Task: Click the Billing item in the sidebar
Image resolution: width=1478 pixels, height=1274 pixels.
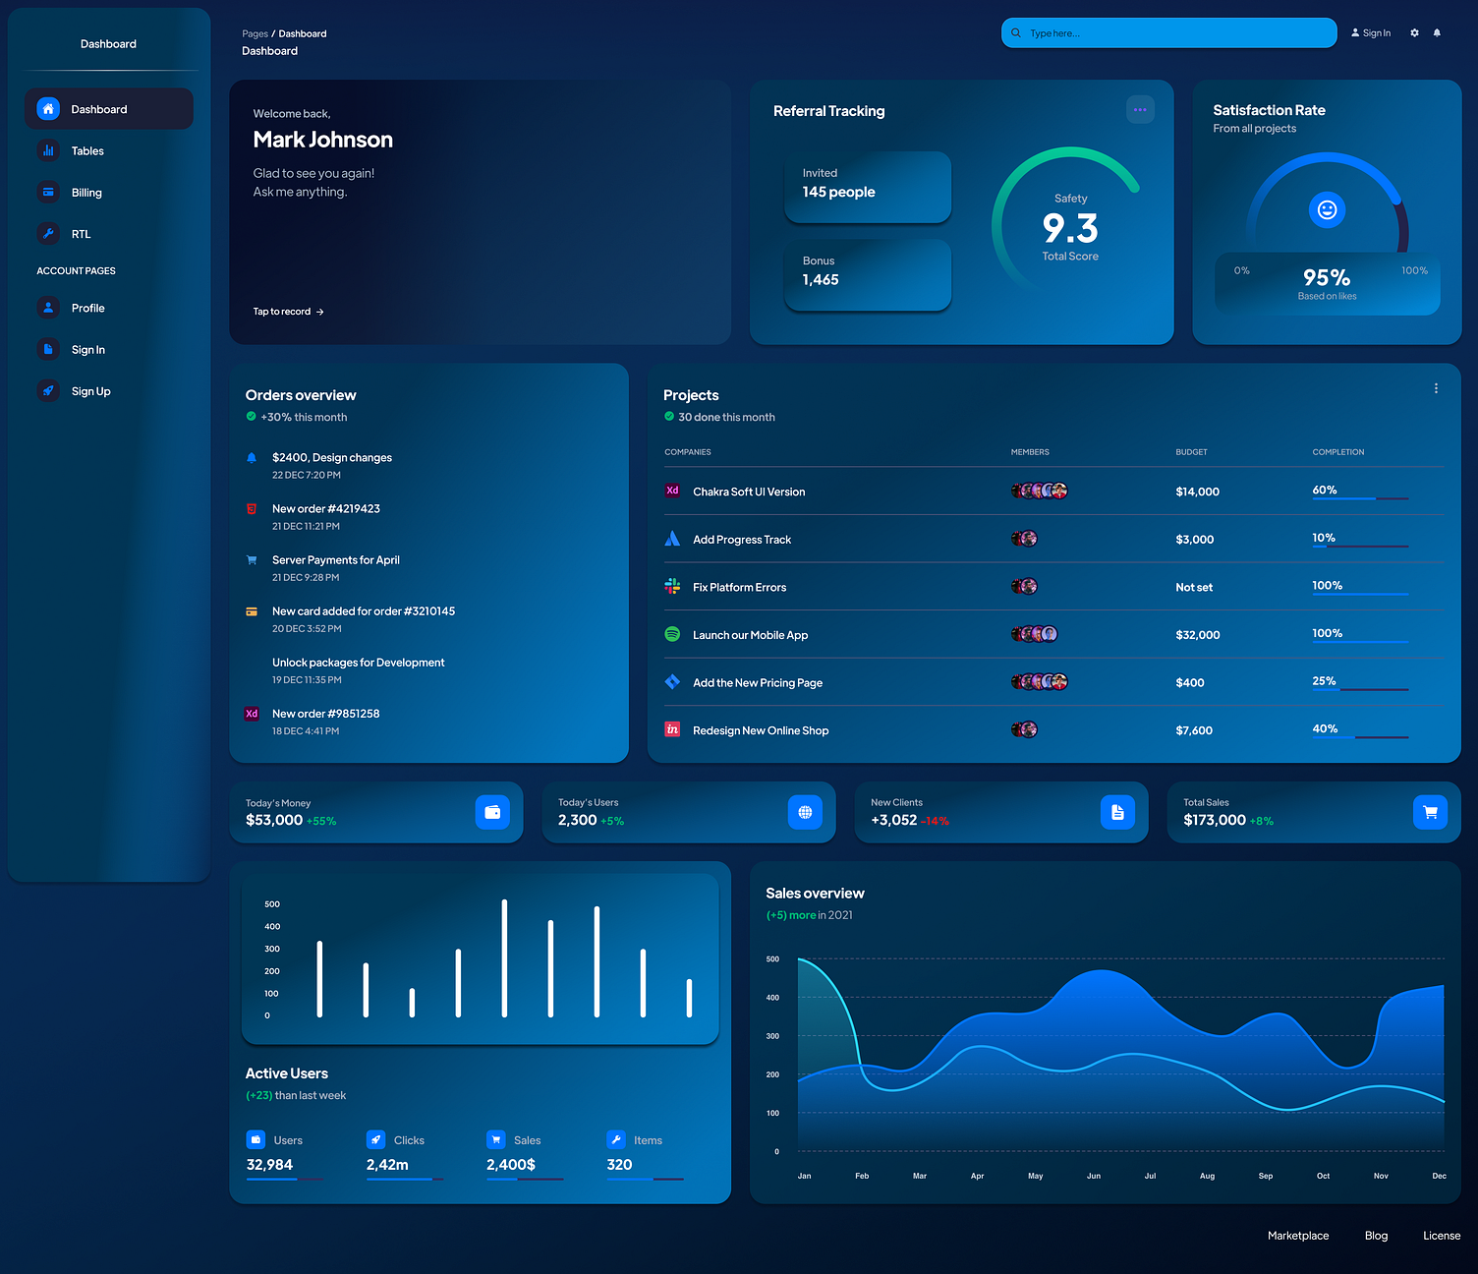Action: coord(86,193)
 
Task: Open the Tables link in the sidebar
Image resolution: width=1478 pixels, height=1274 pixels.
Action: coord(87,151)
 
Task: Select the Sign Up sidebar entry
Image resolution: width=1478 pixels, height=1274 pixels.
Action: coord(90,391)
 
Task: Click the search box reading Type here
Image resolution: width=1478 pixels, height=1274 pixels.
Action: coord(1168,33)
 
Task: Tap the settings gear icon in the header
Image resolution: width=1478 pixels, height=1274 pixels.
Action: coord(1414,33)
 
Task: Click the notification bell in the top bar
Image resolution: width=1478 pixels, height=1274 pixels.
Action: coord(1437,33)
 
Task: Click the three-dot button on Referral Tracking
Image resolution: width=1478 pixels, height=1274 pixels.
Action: coord(1140,110)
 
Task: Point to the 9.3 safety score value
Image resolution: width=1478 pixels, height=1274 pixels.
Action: coord(1070,229)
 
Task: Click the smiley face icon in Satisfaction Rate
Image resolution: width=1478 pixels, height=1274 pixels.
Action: coord(1327,209)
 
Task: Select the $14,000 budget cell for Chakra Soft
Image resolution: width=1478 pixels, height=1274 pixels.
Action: coord(1197,492)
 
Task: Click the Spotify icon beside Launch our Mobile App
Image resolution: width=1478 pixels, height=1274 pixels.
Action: coord(672,634)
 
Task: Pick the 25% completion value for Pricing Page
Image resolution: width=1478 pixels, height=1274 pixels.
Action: coord(1324,681)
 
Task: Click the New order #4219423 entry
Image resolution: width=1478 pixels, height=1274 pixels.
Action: coord(325,509)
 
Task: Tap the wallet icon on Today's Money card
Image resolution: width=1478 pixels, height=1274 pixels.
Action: coord(492,812)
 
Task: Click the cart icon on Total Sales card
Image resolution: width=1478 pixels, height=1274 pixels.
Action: coord(1430,812)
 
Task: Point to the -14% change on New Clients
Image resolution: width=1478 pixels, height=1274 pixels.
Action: coord(935,821)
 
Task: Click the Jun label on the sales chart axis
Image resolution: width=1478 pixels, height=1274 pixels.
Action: coord(1094,1176)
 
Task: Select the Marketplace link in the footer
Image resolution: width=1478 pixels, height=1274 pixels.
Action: coord(1297,1236)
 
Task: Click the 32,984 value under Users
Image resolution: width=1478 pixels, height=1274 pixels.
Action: coord(269,1165)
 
